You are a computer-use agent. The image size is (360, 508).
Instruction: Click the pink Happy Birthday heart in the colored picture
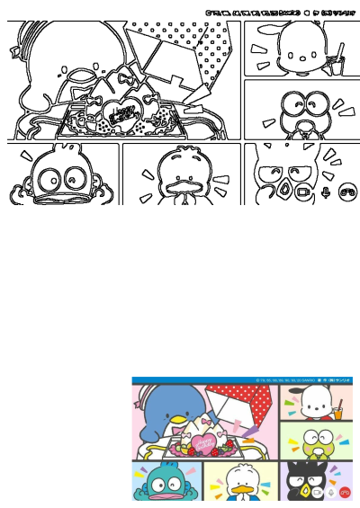pos(203,441)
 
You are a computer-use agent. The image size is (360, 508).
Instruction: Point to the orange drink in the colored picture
pos(338,412)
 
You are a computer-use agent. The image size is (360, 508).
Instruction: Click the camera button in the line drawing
pos(303,192)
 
